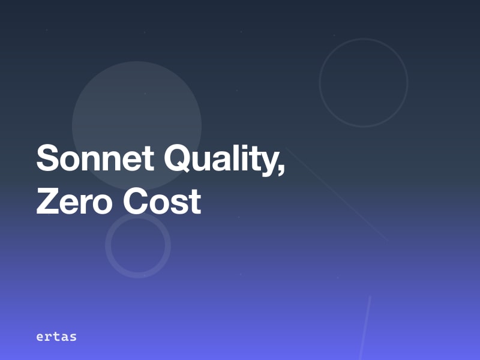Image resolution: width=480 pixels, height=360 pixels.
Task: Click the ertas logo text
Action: (x=56, y=337)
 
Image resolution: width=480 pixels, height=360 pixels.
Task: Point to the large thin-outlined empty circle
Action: (x=364, y=83)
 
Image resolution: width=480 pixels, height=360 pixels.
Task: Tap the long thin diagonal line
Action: (x=336, y=193)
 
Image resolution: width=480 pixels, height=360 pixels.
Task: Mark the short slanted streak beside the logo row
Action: (x=365, y=327)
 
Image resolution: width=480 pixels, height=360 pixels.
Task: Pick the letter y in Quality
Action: (x=269, y=163)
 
